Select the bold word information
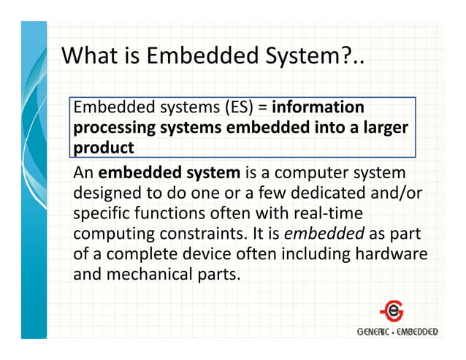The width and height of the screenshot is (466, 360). tap(318, 108)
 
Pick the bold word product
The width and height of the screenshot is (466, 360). tap(103, 148)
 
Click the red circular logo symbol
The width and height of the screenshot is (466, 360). tap(391, 310)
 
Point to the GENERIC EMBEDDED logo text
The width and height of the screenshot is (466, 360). tap(397, 332)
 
